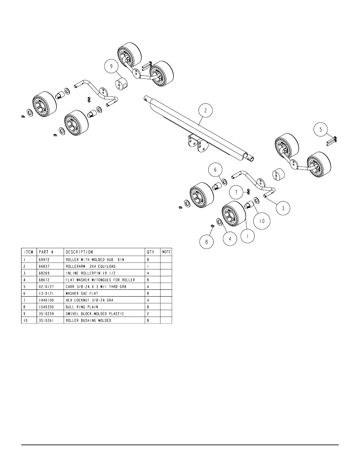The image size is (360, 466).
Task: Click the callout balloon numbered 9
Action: pos(111,66)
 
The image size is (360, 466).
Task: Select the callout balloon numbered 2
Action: pos(206,111)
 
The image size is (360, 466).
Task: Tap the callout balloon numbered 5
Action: pos(321,130)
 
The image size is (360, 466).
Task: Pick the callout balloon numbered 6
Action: pos(215,170)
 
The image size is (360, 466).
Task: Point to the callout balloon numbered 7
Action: pos(236,192)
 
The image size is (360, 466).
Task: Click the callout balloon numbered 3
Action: pos(283,208)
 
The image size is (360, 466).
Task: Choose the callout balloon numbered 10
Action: pos(262,221)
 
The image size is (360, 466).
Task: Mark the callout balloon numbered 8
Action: pos(206,242)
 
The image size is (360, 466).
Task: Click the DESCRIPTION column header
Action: pos(79,252)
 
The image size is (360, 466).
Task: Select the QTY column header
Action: pos(150,252)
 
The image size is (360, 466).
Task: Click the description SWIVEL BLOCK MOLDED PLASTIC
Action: pos(95,314)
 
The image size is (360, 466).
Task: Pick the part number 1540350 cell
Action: pos(47,307)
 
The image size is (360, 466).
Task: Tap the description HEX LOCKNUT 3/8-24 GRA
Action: pos(89,300)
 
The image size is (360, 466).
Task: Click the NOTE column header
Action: pos(166,252)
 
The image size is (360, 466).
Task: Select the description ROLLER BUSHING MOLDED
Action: pos(88,320)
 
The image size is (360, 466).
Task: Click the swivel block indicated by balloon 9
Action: pos(121,85)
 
